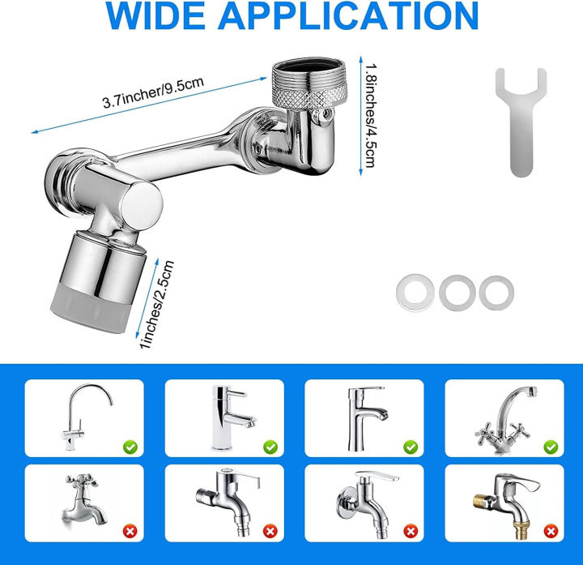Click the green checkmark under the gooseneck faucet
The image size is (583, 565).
[x=130, y=446]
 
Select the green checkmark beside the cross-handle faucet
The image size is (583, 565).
[x=550, y=446]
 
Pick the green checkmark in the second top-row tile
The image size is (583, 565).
[x=270, y=446]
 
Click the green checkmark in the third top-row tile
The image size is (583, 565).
[x=411, y=446]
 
